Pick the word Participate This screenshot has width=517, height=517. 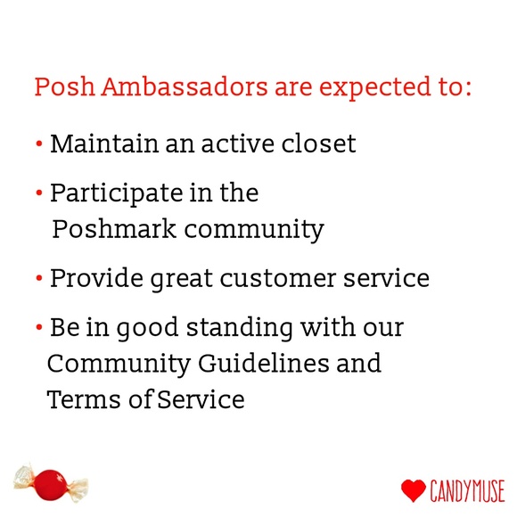pos(111,193)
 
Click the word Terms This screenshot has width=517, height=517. pos(82,400)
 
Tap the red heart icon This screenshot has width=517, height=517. pos(413,490)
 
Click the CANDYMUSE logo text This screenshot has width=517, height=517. pos(467,490)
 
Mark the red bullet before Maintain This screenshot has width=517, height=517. pos(39,144)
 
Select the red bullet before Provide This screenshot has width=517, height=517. pos(39,279)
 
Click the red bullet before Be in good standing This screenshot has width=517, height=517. pos(39,328)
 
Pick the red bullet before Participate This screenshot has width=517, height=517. pos(39,193)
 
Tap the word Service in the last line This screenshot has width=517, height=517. pos(201,400)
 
